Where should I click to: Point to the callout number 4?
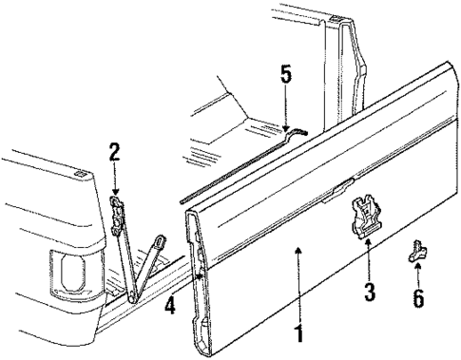[170, 307]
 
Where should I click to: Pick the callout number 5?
[286, 74]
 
